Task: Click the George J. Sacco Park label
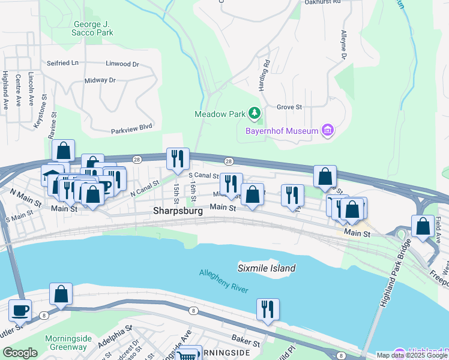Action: (x=93, y=28)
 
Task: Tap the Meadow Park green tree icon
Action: (x=255, y=113)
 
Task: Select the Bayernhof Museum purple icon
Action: (x=327, y=130)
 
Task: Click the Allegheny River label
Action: (x=223, y=281)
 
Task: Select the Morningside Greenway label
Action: (x=68, y=343)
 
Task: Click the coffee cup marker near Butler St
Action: (x=20, y=311)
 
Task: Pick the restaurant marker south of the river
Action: (x=267, y=309)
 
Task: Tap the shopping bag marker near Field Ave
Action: (x=423, y=227)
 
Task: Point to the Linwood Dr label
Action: (x=122, y=64)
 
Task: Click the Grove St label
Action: (x=289, y=108)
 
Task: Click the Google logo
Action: (x=20, y=353)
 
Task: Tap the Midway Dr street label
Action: (x=100, y=80)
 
